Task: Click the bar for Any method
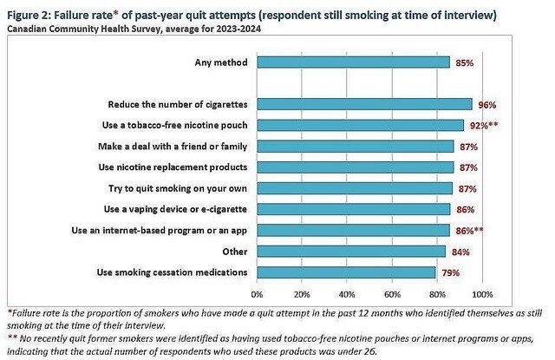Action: coord(353,62)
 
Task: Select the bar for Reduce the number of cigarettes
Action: coord(365,104)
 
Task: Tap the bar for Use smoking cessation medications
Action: coord(346,272)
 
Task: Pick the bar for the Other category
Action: coord(351,252)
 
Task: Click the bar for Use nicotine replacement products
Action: coord(355,167)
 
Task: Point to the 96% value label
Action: coord(487,105)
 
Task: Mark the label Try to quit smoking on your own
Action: coord(180,188)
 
